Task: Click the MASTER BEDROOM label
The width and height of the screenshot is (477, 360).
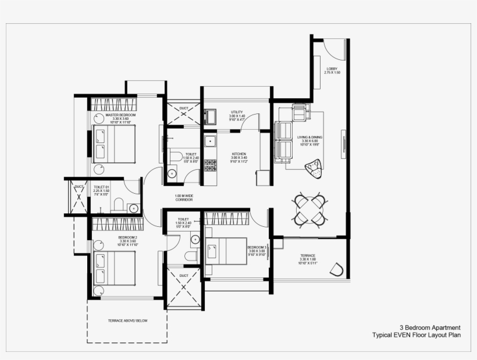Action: (x=120, y=115)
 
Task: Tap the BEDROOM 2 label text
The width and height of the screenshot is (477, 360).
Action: (x=127, y=237)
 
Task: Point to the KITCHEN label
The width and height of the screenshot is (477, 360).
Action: (x=239, y=154)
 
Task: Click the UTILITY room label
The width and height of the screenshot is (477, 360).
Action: (x=237, y=112)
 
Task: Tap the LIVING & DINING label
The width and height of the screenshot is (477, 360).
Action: (x=309, y=137)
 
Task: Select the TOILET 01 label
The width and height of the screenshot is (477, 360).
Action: (x=101, y=187)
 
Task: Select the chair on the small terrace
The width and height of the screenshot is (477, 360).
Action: (x=337, y=269)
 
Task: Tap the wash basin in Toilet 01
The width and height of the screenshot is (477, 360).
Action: (x=133, y=207)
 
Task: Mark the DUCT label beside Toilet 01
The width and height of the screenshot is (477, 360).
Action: (x=77, y=187)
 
